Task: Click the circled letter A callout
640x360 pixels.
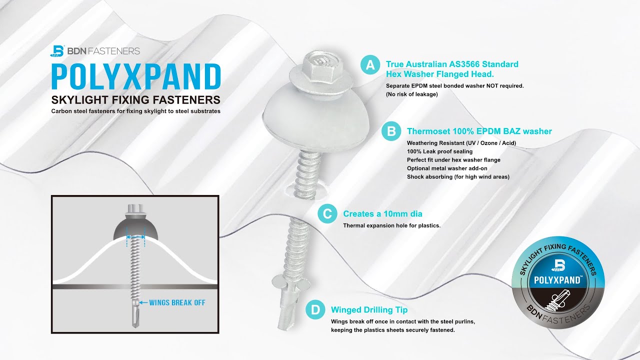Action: coord(370,65)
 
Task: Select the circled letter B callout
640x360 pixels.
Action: coord(391,131)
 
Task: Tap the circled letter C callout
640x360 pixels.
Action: coord(327,214)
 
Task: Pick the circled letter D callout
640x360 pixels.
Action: coord(315,310)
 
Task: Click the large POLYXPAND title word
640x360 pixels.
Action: coord(136,76)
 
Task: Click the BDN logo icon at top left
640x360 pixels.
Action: coord(58,51)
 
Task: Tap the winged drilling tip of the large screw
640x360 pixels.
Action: coord(287,305)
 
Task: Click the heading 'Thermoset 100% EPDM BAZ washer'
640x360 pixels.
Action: coord(479,131)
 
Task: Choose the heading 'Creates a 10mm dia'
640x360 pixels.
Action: coord(382,214)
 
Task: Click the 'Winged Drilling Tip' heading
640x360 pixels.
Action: coord(369,310)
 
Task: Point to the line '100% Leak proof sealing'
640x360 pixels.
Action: coord(439,151)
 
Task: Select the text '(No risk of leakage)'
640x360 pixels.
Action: coord(411,94)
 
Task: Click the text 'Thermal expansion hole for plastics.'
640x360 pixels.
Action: coord(391,225)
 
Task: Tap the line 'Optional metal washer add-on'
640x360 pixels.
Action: coord(447,168)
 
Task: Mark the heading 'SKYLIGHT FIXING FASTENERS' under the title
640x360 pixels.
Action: coord(135,98)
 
